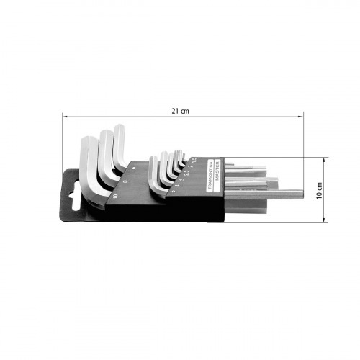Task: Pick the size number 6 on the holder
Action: click(135, 171)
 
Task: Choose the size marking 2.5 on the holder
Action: click(186, 172)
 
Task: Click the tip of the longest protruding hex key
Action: click(301, 194)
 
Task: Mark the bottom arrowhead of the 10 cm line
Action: click(325, 222)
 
